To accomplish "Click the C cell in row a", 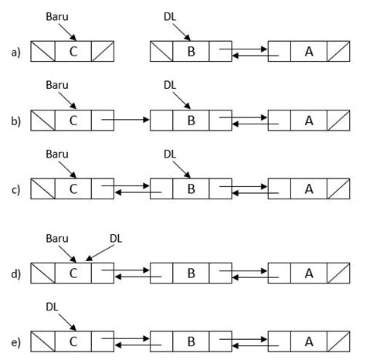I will tap(73, 52).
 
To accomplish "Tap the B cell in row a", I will tap(191, 52).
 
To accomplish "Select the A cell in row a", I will tap(309, 52).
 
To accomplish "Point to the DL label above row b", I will tap(171, 84).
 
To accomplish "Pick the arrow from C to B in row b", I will tap(126, 121).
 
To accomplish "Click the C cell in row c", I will tap(73, 188).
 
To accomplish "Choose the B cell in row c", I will tap(191, 188).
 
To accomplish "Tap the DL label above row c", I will tap(171, 153).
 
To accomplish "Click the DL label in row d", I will tap(117, 239).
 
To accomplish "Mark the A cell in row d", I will tap(309, 273).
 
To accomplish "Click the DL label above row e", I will tap(53, 307).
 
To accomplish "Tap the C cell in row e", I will tap(73, 341).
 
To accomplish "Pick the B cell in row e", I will tap(191, 341).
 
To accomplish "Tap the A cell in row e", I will tap(309, 341).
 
